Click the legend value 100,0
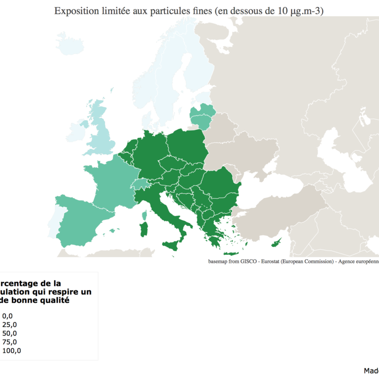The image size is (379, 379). pyautogui.click(x=11, y=351)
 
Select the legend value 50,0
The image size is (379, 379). pyautogui.click(x=9, y=334)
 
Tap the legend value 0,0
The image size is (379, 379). pyautogui.click(x=8, y=316)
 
